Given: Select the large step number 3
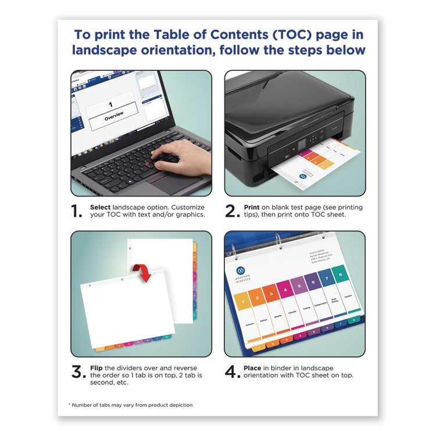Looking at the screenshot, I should point(79,372).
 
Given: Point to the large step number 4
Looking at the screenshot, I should point(233,372).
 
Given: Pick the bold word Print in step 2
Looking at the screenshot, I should point(252,207).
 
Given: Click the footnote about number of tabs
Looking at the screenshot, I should point(130,405).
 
